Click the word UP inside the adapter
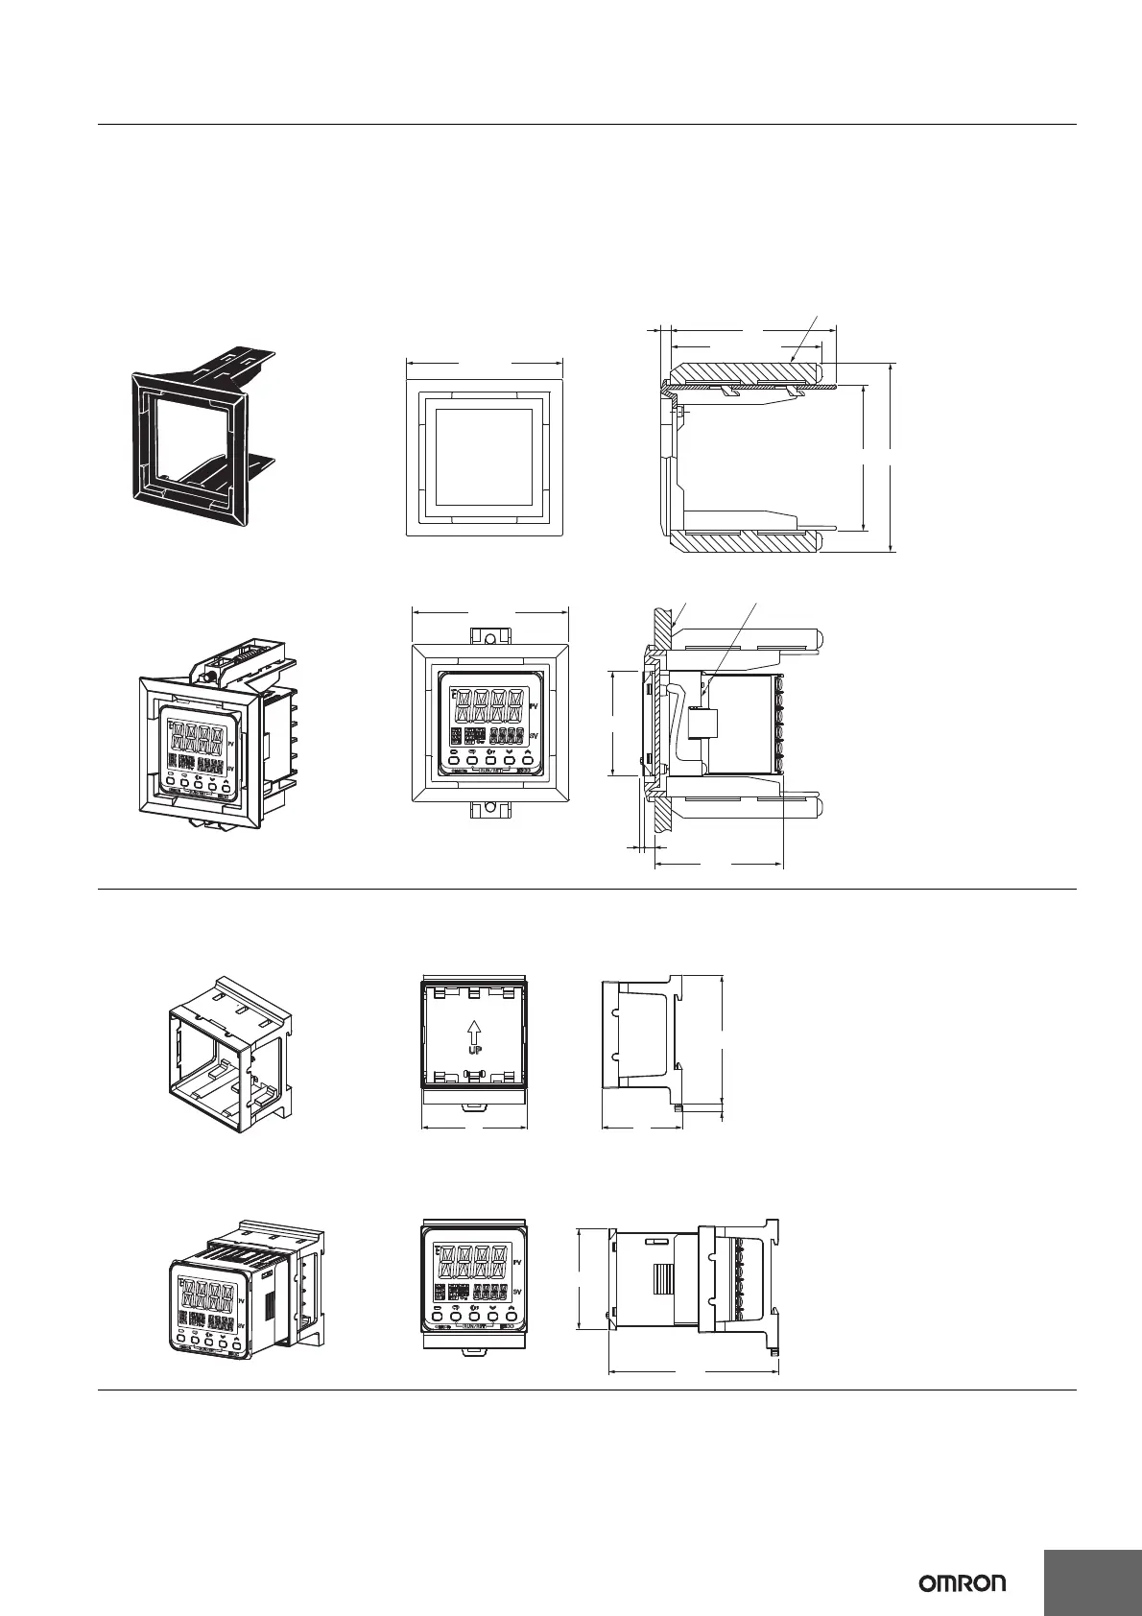pyautogui.click(x=474, y=1050)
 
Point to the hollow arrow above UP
pyautogui.click(x=474, y=1030)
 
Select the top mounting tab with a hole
pyautogui.click(x=489, y=639)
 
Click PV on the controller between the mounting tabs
pyautogui.click(x=534, y=705)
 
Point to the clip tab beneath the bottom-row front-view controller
pyautogui.click(x=475, y=1351)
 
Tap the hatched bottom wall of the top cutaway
pyautogui.click(x=749, y=541)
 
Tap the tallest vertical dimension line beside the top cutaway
pyautogui.click(x=892, y=457)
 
